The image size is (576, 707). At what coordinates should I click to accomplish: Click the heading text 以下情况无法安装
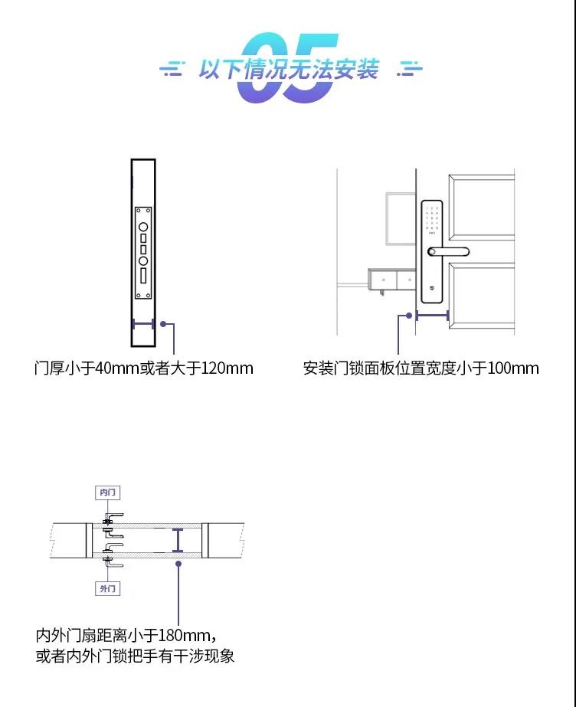[289, 70]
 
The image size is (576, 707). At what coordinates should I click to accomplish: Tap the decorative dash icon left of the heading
[172, 69]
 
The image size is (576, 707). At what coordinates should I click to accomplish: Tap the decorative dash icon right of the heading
[409, 69]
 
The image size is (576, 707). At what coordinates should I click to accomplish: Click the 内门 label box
[108, 493]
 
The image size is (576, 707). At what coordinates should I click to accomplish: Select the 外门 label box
[108, 588]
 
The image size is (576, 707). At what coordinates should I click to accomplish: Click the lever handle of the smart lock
[448, 251]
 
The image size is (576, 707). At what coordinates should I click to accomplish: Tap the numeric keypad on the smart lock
[432, 218]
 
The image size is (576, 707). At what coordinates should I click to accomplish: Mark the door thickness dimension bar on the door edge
[144, 324]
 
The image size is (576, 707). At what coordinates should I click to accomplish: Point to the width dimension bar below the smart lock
[432, 316]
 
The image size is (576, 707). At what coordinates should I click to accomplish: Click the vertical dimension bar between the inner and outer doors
[178, 540]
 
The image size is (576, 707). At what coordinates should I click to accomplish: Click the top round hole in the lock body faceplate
[143, 227]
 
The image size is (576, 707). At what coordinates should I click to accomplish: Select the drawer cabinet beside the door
[391, 280]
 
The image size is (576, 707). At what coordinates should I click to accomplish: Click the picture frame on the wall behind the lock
[401, 219]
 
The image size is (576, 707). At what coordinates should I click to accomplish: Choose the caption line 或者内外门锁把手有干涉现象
[135, 656]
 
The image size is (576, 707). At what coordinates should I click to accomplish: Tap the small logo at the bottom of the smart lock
[432, 287]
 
